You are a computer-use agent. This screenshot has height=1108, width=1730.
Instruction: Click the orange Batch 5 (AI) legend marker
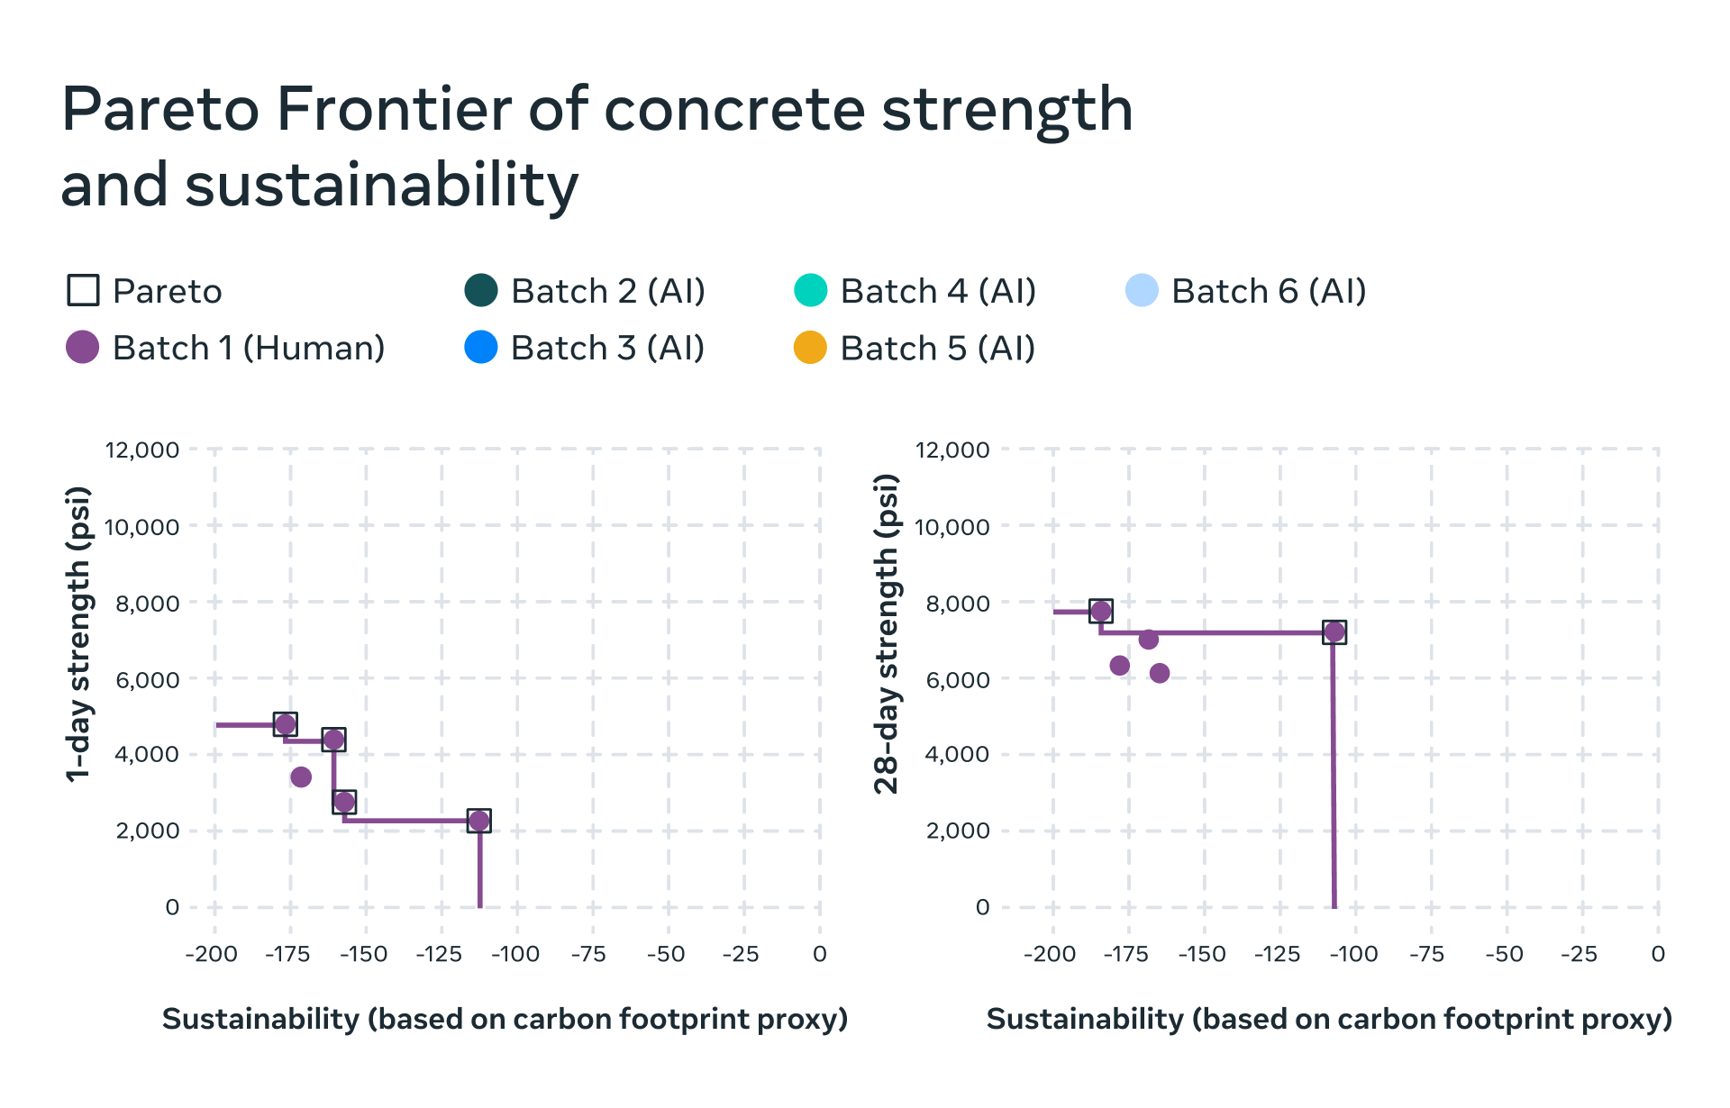click(810, 348)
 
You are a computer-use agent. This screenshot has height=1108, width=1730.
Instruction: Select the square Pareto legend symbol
click(83, 291)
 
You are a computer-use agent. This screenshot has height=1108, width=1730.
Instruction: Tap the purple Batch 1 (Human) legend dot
click(83, 348)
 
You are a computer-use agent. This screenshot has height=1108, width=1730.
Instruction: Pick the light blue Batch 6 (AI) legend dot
click(1142, 291)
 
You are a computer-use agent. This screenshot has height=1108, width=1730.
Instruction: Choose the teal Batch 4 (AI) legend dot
click(810, 291)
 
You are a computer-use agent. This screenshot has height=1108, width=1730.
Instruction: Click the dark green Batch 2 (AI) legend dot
click(481, 291)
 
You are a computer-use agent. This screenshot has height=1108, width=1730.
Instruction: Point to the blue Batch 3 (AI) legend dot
click(481, 348)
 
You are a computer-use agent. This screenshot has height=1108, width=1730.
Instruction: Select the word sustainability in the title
click(381, 186)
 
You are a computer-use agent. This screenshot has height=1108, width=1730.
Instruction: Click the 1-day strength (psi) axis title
click(79, 634)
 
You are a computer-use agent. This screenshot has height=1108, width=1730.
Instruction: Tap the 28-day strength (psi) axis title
click(888, 634)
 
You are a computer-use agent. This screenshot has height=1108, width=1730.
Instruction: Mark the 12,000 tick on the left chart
click(142, 450)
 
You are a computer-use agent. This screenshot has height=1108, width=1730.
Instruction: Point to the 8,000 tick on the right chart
click(958, 604)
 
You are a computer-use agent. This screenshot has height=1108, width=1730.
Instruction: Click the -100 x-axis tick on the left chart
click(515, 954)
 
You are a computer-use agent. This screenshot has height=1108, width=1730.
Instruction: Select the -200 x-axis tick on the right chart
click(1050, 954)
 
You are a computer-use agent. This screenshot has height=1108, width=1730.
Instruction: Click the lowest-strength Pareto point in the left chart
click(479, 821)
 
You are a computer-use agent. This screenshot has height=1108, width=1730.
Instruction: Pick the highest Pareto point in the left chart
click(286, 724)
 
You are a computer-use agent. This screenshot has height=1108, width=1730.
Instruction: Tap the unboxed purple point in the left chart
click(301, 777)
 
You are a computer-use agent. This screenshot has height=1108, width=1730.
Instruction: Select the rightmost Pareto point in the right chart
click(1334, 632)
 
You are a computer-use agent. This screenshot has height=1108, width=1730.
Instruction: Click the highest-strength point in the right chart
click(1100, 612)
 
